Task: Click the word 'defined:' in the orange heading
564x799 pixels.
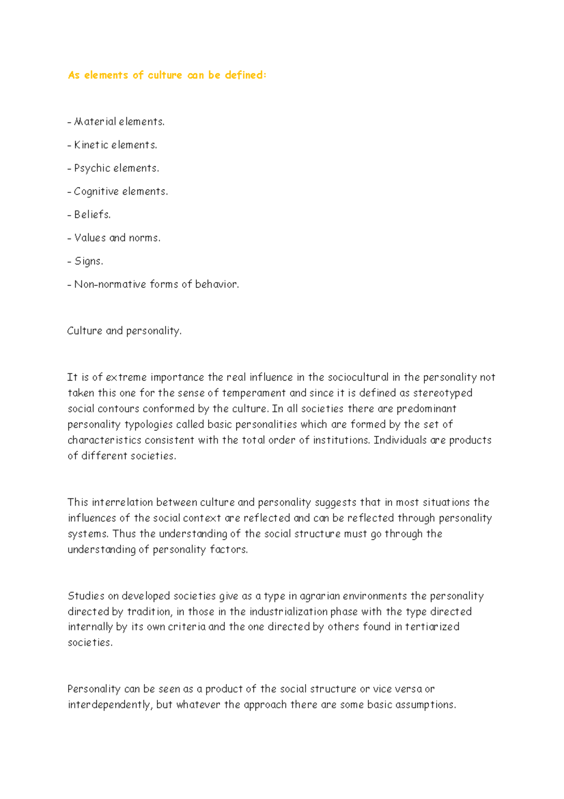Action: [x=245, y=75]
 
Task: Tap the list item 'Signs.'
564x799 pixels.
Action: [x=88, y=261]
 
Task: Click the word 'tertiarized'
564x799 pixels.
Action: [x=432, y=627]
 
